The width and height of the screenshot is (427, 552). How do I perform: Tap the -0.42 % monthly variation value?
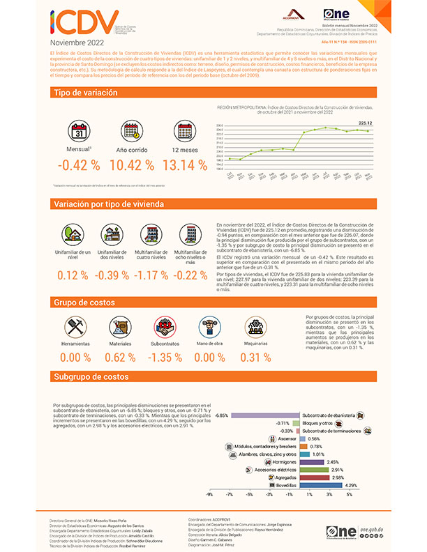(78, 165)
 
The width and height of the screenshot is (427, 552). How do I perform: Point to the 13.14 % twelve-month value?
(184, 165)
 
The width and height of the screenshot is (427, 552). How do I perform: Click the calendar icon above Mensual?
(78, 131)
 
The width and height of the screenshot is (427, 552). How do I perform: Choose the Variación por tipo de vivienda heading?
(108, 204)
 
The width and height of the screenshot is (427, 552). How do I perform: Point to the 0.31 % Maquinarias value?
(255, 358)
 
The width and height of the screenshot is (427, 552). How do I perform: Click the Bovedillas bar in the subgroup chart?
(322, 484)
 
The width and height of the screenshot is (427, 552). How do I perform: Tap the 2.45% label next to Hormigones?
(333, 461)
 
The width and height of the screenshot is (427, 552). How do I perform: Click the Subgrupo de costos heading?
(91, 377)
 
